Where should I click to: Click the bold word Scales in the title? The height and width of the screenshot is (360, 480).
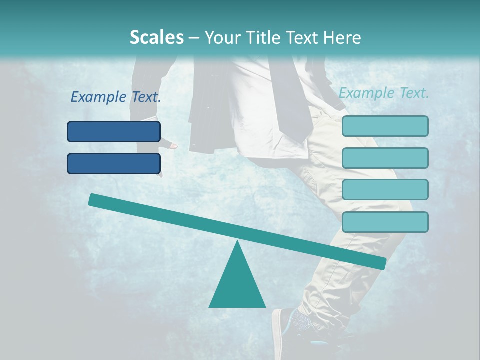(x=156, y=37)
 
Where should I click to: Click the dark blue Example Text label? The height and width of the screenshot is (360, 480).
(x=116, y=97)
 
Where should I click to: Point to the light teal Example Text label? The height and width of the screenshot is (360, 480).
(x=384, y=93)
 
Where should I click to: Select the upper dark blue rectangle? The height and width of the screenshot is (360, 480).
(x=114, y=132)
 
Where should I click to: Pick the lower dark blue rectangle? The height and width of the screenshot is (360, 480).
(x=114, y=163)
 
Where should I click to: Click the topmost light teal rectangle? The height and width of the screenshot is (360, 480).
(x=385, y=126)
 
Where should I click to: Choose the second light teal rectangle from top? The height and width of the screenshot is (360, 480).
(x=385, y=158)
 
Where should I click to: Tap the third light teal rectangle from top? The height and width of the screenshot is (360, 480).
(x=385, y=190)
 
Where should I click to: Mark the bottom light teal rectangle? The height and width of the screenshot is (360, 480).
(x=385, y=222)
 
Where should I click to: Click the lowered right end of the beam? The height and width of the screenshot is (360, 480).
(x=381, y=263)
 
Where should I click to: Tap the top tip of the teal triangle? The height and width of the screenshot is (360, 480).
(x=237, y=243)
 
